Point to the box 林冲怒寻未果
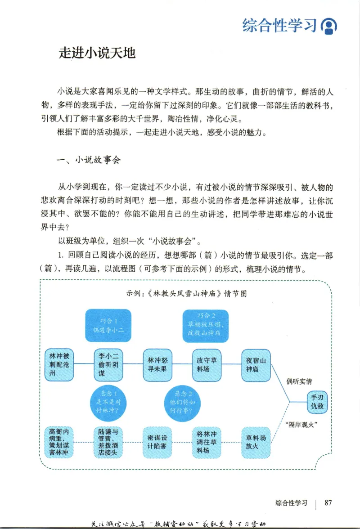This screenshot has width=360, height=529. tap(157, 364)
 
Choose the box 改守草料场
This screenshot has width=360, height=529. tap(207, 364)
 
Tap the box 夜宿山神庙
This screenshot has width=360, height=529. tap(256, 364)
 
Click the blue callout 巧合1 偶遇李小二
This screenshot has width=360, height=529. tap(108, 325)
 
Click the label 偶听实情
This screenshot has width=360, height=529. tap(299, 381)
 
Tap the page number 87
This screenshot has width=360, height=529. tap(328, 502)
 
